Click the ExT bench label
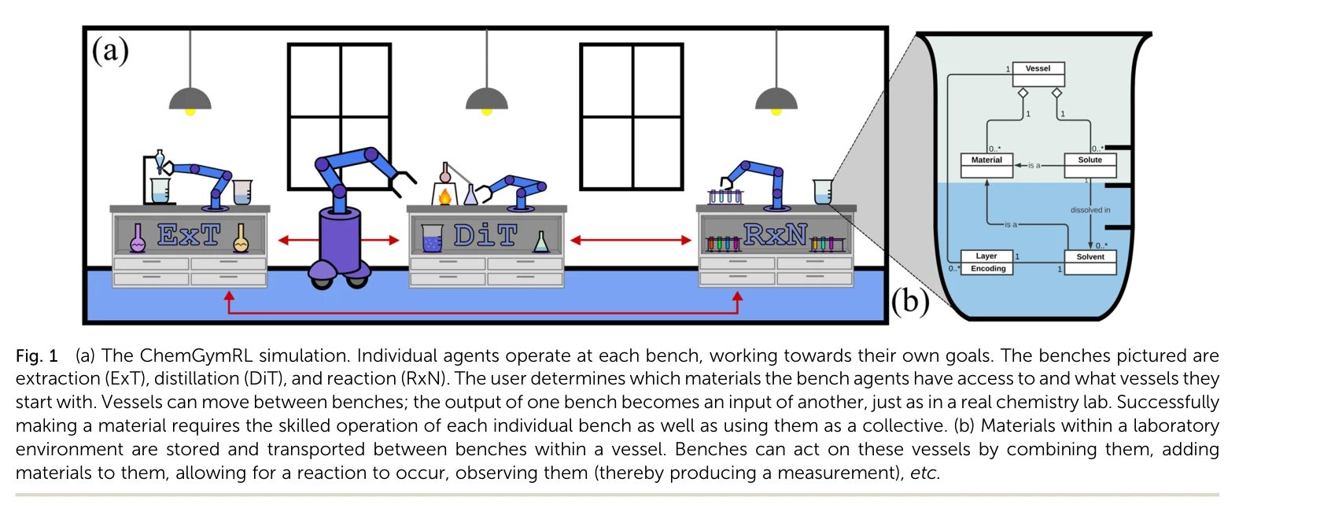tap(189, 234)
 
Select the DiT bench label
tap(485, 235)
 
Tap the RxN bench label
tap(775, 234)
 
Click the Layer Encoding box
tap(987, 262)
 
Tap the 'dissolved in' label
tap(1090, 210)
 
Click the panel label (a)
tap(110, 51)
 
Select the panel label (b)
tap(910, 300)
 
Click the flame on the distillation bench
tap(444, 196)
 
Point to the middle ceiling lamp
tap(486, 100)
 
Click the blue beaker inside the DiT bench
tap(432, 238)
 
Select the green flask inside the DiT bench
tap(541, 242)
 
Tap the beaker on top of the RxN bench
tap(822, 191)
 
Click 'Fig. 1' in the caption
tap(36, 356)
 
